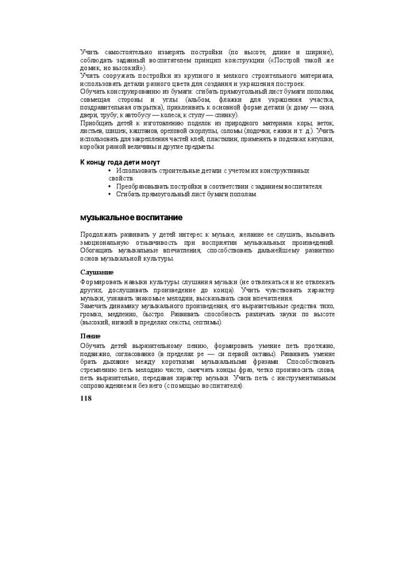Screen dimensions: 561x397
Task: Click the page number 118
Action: tap(86, 398)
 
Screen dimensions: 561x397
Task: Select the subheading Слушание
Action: tap(97, 272)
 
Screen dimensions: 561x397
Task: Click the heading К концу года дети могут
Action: tap(120, 162)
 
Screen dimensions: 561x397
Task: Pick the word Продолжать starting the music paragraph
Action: tap(100, 234)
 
